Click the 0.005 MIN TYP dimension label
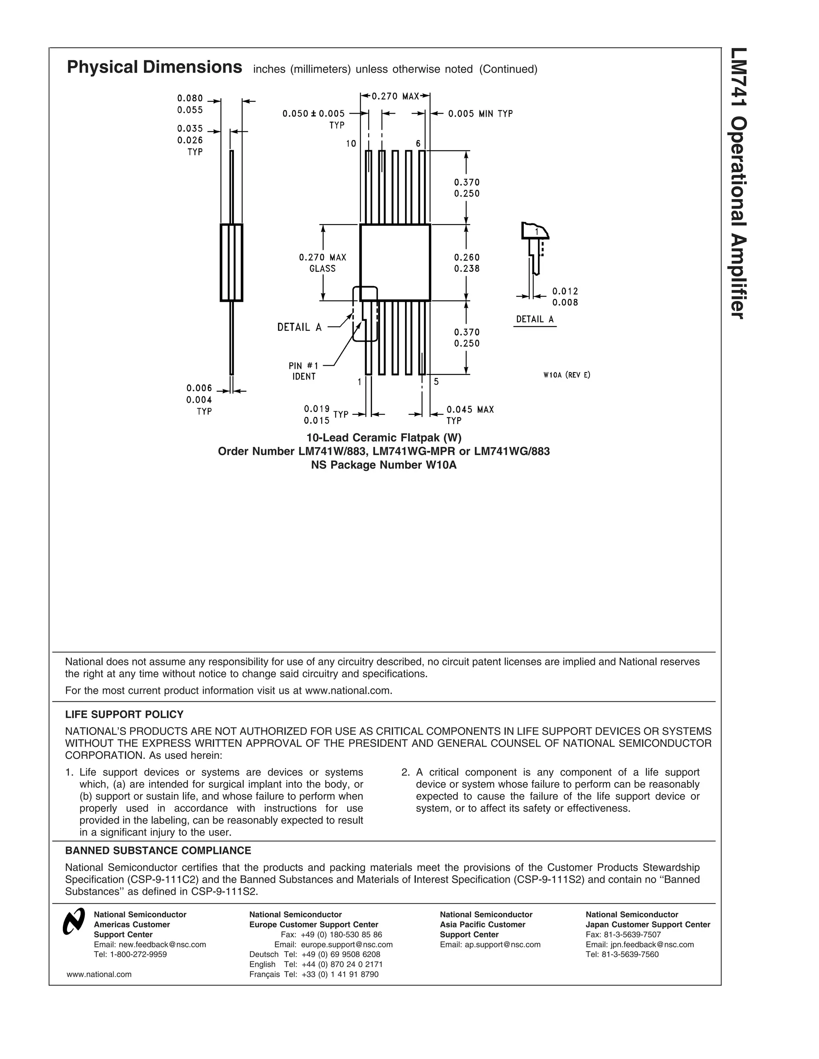[x=480, y=113]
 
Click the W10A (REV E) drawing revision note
[x=567, y=375]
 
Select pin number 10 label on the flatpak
[x=351, y=143]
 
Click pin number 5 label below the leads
[x=436, y=382]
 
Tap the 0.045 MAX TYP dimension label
[x=469, y=414]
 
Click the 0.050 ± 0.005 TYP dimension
[x=314, y=118]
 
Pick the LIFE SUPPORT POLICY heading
[x=124, y=714]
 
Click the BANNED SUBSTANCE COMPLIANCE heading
[x=158, y=850]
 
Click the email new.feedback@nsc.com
[x=150, y=944]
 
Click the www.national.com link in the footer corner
[x=99, y=974]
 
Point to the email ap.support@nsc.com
[x=490, y=944]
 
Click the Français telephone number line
[x=314, y=974]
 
